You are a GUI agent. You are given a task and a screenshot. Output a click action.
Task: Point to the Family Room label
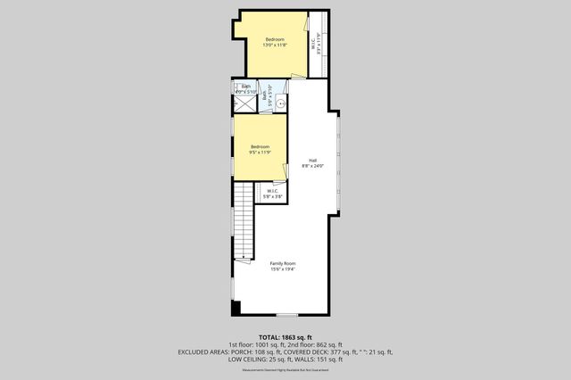(x=283, y=263)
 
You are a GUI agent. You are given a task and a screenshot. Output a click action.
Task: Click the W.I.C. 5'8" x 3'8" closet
(x=274, y=193)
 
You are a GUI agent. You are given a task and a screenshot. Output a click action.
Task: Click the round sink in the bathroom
(x=280, y=103)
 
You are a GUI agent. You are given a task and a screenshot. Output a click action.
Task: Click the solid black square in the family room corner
(x=236, y=309)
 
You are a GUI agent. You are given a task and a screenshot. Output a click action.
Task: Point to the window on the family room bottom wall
(x=286, y=315)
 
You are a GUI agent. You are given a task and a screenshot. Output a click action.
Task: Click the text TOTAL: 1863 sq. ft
(x=285, y=335)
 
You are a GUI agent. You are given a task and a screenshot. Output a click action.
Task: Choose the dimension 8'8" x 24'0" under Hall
(x=313, y=166)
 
